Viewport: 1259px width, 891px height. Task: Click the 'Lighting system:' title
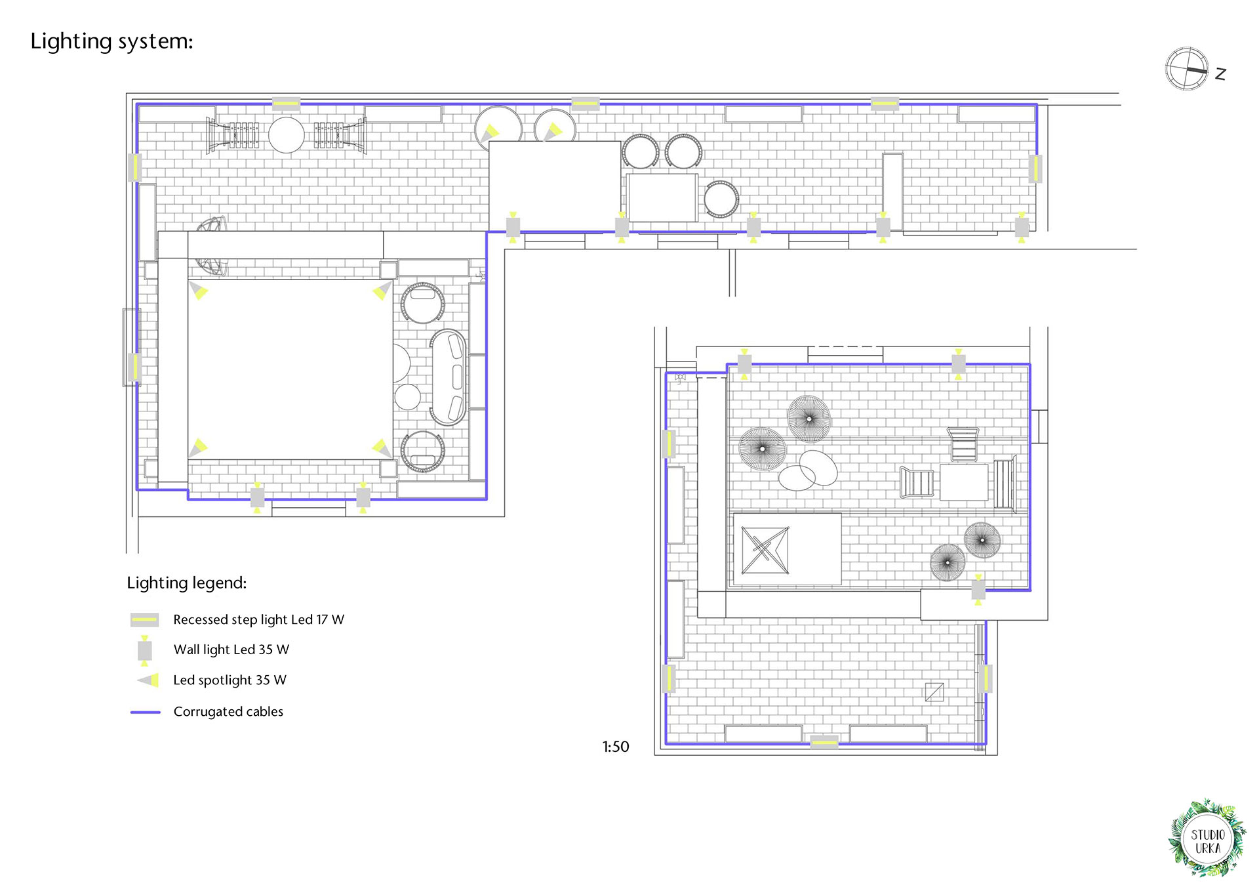coord(111,41)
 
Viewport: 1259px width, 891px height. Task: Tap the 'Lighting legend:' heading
coord(187,583)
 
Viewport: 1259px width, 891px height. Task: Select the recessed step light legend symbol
coord(144,619)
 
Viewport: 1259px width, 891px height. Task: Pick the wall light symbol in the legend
coord(144,650)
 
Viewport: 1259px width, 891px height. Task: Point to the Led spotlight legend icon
coord(149,680)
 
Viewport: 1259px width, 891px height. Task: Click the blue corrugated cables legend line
coord(146,712)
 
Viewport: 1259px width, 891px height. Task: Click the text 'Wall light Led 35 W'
coord(231,650)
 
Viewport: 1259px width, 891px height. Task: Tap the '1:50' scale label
coord(616,747)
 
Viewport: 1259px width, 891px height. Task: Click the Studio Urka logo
coord(1207,839)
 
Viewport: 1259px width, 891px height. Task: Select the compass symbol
coord(1187,68)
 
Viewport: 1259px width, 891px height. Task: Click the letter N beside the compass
coord(1220,73)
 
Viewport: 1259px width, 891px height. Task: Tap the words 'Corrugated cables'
coord(228,712)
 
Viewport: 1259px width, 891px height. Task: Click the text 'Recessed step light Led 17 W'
coord(258,620)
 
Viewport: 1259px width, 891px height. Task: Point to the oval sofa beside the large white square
coord(449,377)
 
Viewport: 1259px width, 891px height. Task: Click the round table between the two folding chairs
coord(287,135)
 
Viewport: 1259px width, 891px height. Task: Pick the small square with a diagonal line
coord(934,692)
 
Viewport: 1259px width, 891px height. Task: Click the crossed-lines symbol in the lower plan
coord(765,550)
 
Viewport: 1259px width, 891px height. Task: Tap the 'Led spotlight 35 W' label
coord(230,680)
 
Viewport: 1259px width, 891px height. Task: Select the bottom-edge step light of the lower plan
coord(824,743)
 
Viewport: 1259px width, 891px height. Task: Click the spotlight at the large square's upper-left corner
coord(198,289)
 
